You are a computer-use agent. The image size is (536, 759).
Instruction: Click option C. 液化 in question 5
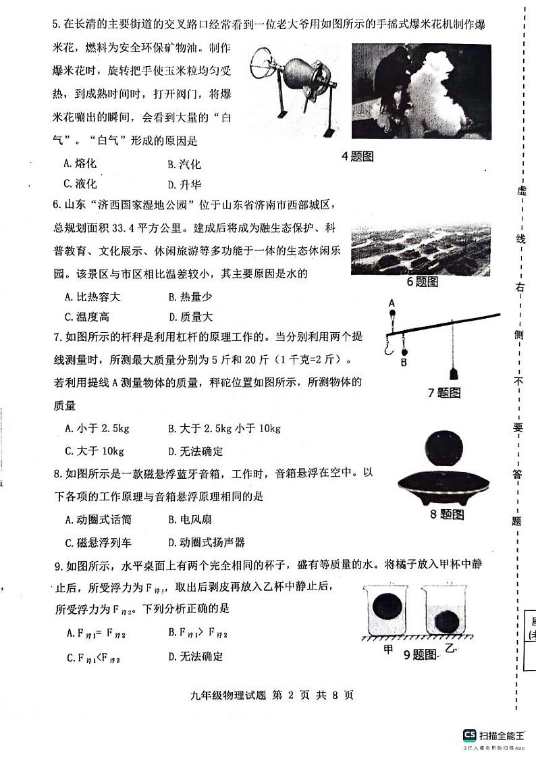tap(80, 184)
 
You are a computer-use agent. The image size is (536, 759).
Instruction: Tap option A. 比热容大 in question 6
tap(92, 296)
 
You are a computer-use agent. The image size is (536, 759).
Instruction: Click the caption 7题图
tap(444, 392)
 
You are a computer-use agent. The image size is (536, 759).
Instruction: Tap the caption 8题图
tap(447, 515)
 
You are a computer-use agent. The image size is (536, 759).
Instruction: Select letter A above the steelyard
tap(392, 303)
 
